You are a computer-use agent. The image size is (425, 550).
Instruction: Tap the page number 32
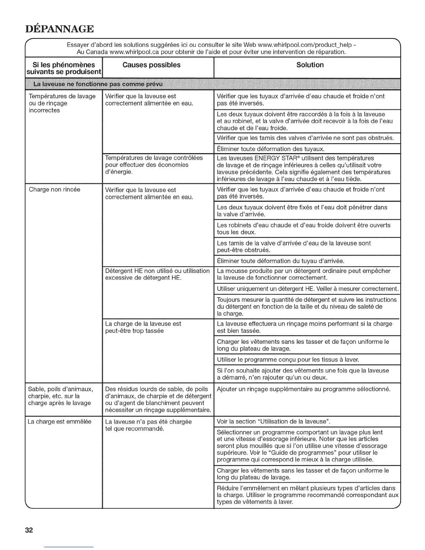coord(29,530)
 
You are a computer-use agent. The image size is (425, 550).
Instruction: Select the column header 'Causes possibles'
coord(151,65)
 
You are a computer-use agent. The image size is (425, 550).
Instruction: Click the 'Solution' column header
coord(310,65)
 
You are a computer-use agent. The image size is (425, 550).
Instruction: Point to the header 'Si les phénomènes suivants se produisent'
coord(64,68)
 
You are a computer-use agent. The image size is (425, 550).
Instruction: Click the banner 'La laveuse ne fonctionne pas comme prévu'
coord(98,84)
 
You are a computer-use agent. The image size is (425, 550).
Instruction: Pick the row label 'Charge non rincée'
coord(55,190)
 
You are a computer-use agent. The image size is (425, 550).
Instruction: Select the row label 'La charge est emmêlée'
coord(60,422)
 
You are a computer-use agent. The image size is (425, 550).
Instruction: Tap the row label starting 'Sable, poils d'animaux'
coord(61,396)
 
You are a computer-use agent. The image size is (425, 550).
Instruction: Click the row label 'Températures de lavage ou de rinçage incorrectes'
coord(62,103)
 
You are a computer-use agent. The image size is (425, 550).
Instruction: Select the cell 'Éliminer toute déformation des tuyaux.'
coord(270,149)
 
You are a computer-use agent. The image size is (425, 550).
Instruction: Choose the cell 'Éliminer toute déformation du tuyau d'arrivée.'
coord(280,261)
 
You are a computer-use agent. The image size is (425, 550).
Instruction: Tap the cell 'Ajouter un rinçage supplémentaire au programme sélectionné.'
coord(303,389)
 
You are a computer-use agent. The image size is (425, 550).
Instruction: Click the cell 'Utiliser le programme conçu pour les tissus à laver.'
coord(288,359)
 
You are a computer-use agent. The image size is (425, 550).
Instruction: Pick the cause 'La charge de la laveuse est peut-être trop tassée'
coord(143,327)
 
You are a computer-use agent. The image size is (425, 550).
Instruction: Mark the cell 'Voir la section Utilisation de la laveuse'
coord(273,422)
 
